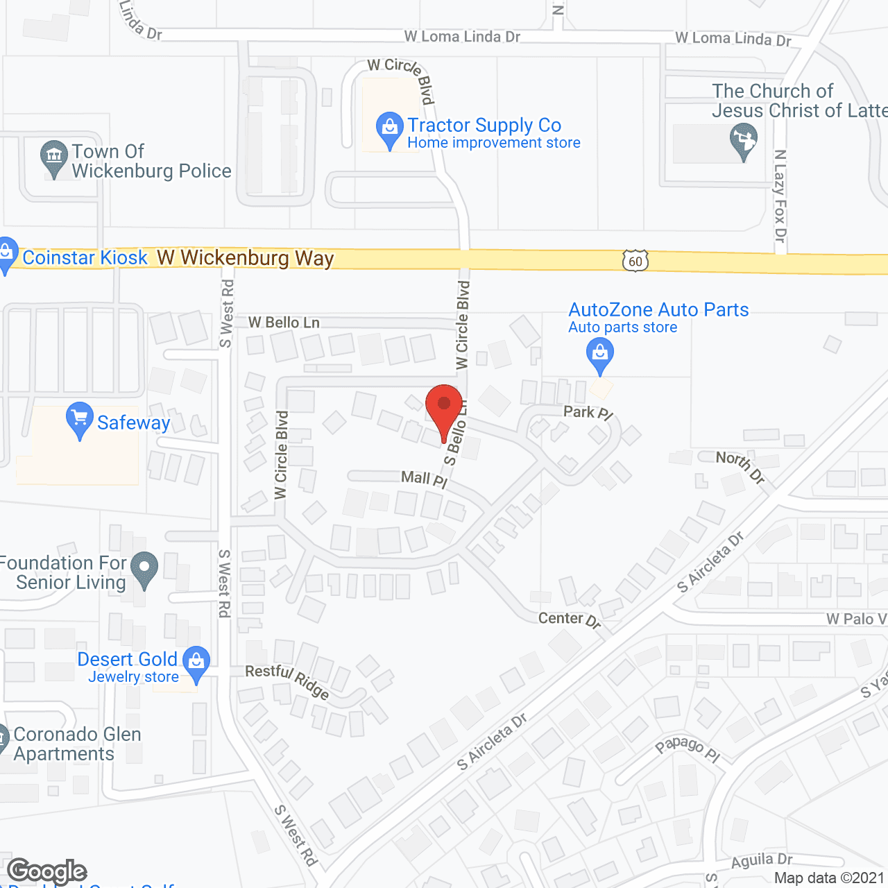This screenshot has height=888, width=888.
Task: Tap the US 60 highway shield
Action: point(635,261)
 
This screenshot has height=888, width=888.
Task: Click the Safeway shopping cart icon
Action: point(80,419)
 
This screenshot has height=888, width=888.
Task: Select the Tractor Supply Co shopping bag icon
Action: point(390,129)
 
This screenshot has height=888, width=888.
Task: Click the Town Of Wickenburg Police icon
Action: point(54,157)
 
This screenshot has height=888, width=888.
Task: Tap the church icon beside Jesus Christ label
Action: point(743,140)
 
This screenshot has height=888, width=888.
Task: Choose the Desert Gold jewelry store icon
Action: point(196,663)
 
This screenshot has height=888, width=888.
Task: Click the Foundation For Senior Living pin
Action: point(144,569)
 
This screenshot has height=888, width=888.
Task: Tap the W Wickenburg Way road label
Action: point(246,258)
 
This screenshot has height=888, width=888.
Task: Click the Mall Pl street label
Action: point(424,479)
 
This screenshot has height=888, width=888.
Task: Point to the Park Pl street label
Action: point(588,413)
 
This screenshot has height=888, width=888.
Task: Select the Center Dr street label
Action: point(570,619)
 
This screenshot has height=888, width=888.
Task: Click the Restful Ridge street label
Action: point(287,680)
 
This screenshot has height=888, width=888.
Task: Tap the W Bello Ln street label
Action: point(284,323)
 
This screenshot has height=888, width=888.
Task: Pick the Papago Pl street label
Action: point(688,749)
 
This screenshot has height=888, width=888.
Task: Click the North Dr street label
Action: point(740,466)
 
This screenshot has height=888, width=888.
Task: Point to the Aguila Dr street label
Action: point(762,861)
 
